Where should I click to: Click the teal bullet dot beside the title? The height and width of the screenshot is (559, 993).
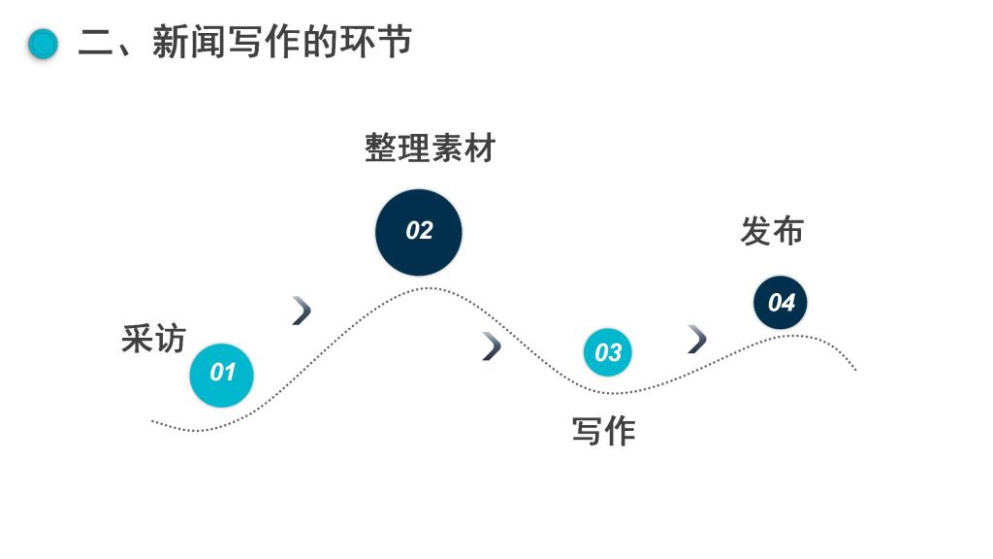(43, 44)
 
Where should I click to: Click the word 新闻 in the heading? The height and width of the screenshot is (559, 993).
(189, 43)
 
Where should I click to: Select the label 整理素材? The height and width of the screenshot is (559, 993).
(431, 148)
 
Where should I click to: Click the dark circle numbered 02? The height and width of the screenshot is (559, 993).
(419, 232)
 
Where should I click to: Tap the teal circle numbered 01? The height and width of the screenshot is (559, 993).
(222, 374)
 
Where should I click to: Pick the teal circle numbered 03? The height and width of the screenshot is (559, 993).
(607, 352)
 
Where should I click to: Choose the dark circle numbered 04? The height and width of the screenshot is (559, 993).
(781, 303)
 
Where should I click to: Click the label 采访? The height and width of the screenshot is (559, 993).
(153, 339)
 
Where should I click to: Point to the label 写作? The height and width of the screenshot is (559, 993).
(603, 432)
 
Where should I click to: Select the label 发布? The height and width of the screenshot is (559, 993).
(772, 232)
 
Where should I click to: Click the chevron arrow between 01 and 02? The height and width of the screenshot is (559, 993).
(302, 311)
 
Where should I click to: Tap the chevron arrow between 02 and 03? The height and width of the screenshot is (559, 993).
(492, 345)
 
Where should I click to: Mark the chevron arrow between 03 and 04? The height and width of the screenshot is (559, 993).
(696, 339)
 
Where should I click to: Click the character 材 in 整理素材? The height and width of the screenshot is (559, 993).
(480, 148)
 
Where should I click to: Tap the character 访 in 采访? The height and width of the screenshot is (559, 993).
(170, 339)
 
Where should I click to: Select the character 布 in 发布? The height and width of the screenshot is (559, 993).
(788, 232)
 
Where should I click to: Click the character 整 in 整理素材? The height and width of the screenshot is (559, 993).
(381, 148)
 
